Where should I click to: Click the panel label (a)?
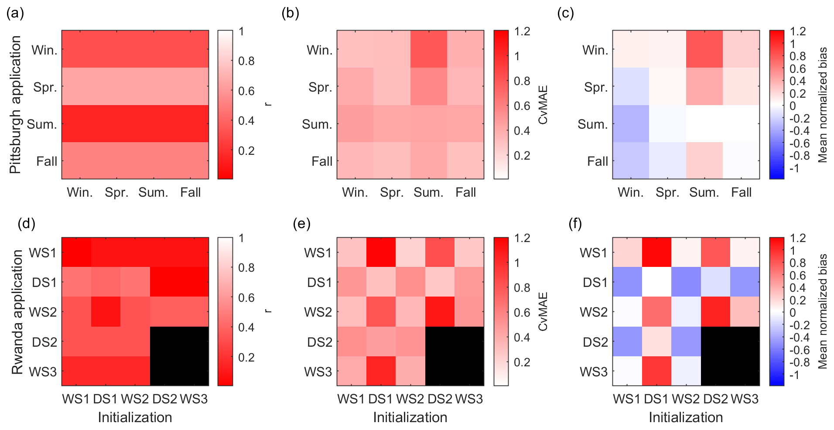pos(15,14)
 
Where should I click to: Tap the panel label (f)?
pos(575,224)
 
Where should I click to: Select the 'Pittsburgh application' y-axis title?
pos(16,105)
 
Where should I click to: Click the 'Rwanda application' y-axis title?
pos(17,312)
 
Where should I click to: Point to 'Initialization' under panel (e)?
pos(410,417)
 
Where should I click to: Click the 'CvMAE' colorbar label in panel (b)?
pos(543,105)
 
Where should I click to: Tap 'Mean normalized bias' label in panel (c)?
pos(823,105)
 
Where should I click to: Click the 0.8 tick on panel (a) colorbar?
pos(246,61)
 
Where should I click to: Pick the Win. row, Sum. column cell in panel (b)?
pos(428,49)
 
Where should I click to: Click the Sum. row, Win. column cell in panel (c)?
pos(631,123)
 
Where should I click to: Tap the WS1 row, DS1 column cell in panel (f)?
pos(656,252)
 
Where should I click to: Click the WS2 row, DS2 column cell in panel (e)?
pos(440,311)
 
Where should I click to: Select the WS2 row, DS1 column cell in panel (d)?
pos(106,311)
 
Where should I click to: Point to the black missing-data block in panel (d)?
pos(179,356)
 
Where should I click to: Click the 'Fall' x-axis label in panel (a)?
pos(190,192)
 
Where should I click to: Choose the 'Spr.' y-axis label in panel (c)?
pos(596,87)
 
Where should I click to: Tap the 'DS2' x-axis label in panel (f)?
pos(715,399)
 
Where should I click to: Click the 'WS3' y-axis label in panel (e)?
pos(318,372)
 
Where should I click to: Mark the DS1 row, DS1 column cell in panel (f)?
pos(656,282)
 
